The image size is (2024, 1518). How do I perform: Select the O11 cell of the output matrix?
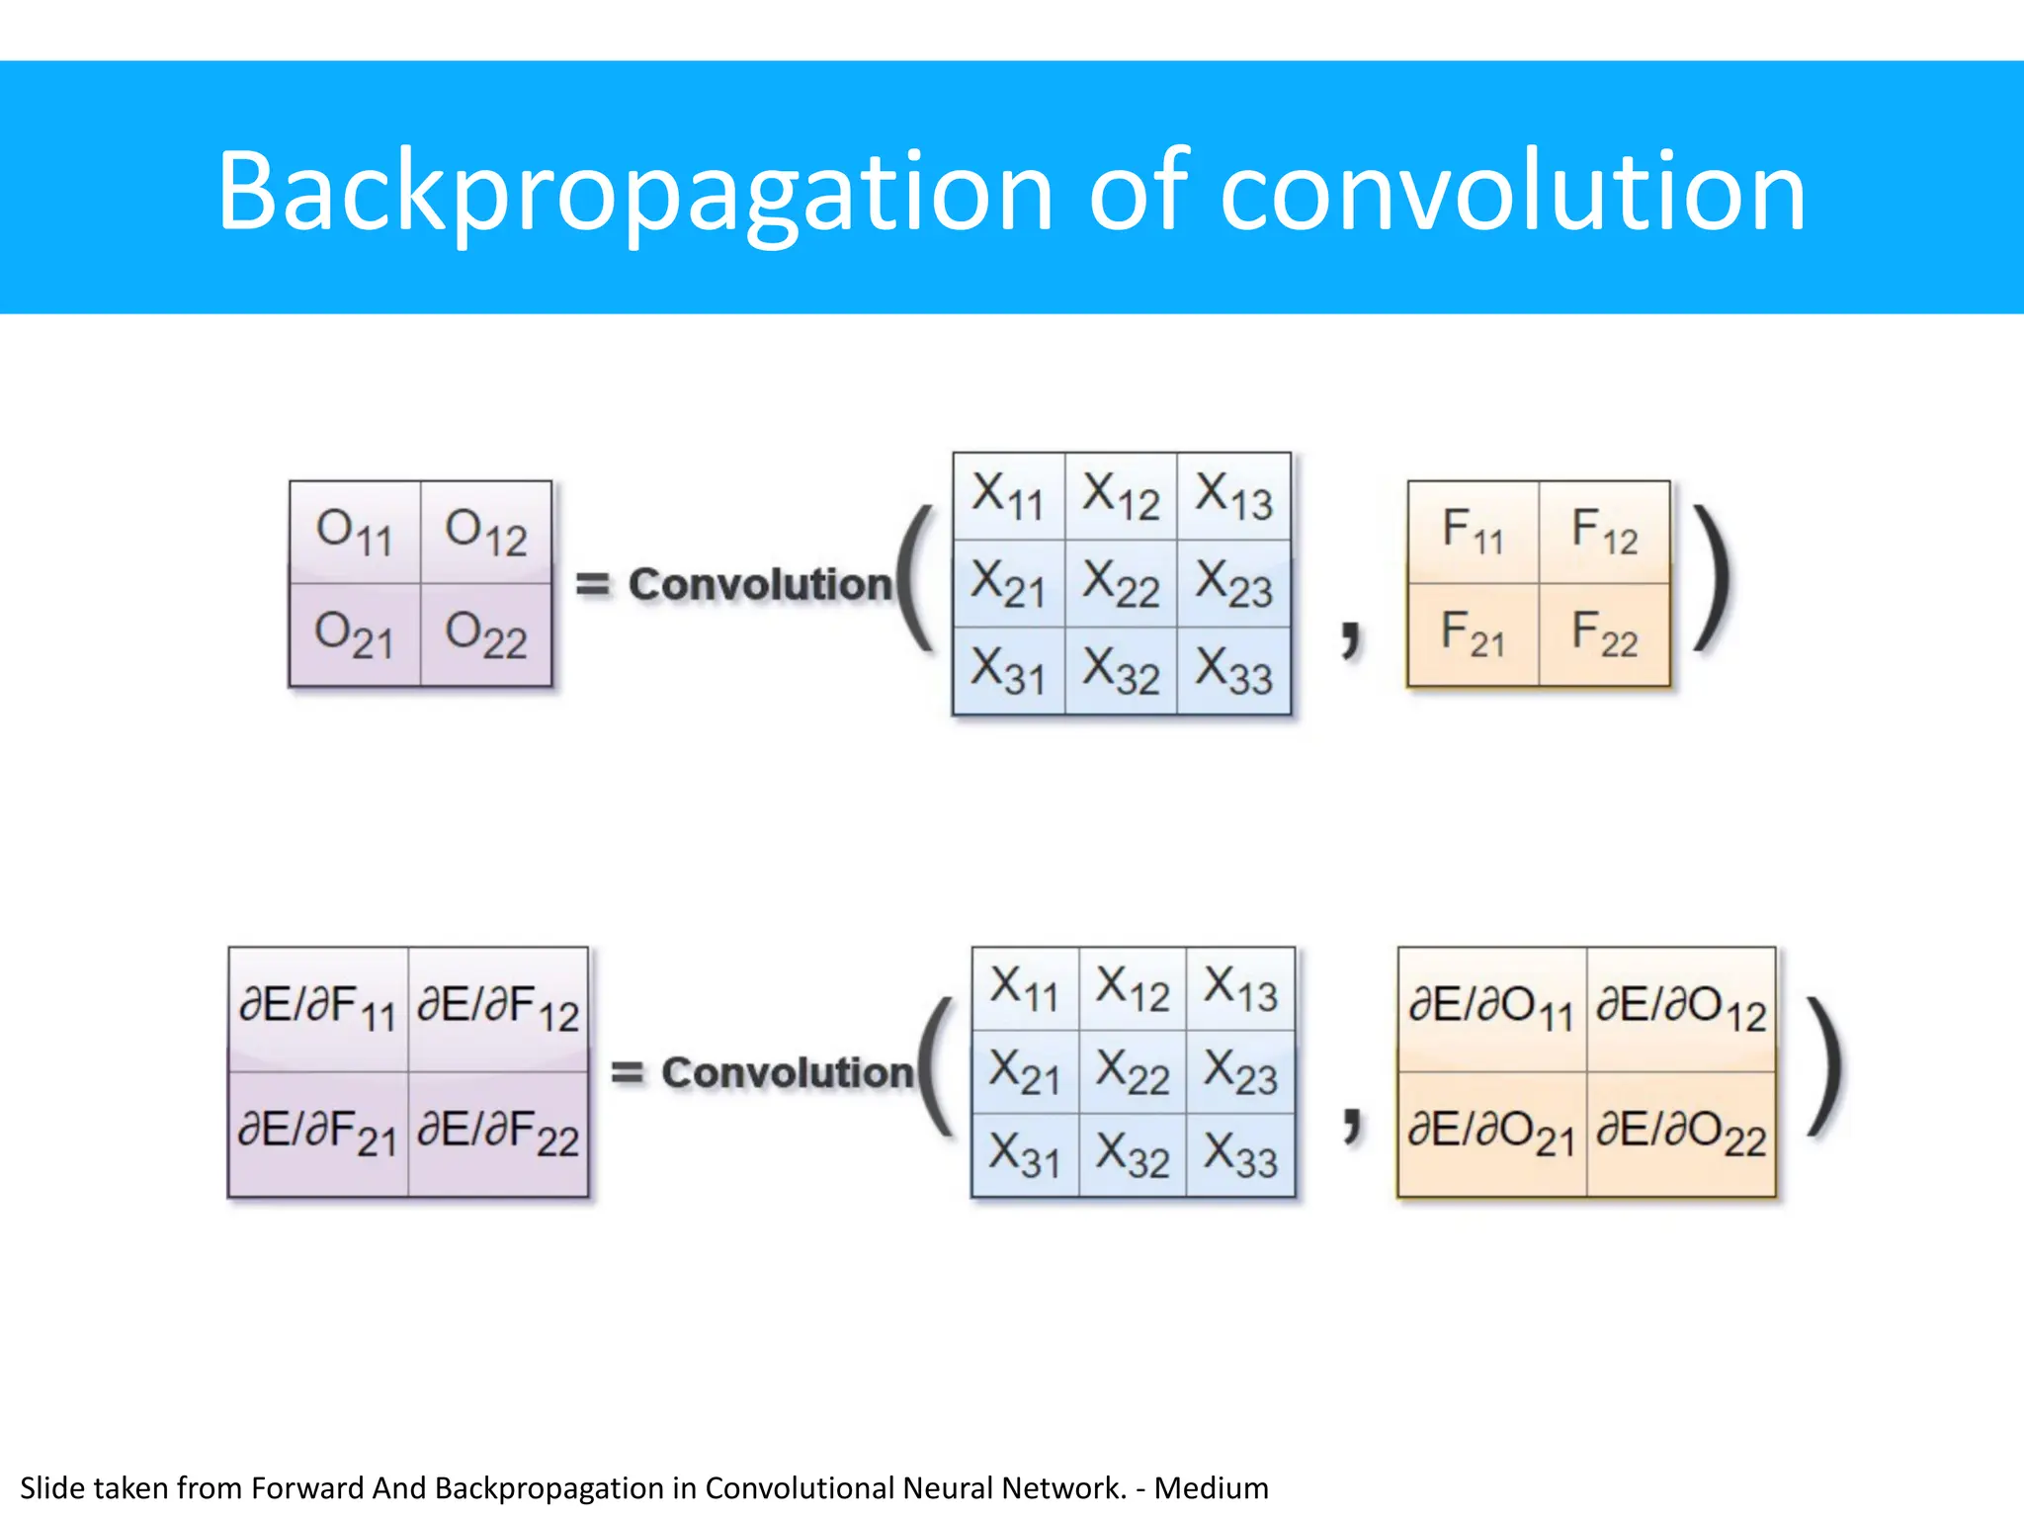click(355, 532)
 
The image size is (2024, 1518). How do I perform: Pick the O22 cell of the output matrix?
click(486, 634)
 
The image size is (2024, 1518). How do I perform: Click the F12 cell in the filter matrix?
click(1604, 532)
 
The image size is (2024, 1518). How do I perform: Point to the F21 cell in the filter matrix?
click(1473, 634)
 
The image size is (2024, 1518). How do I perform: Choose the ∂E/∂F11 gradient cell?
click(318, 1009)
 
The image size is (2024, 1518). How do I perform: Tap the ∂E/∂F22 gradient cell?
click(498, 1134)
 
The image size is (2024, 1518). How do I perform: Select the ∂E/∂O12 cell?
click(1681, 1009)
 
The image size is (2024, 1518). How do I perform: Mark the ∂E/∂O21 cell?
click(1491, 1134)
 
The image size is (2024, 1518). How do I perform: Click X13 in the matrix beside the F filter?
click(1233, 496)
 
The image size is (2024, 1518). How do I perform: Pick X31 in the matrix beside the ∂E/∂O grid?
click(1025, 1155)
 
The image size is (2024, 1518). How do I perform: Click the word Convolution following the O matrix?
click(761, 584)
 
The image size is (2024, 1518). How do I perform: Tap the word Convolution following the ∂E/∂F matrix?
click(788, 1072)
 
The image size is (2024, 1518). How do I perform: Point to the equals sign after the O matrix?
click(593, 584)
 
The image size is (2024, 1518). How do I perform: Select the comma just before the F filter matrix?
click(1351, 636)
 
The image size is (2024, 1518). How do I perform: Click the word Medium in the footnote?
click(1211, 1488)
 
